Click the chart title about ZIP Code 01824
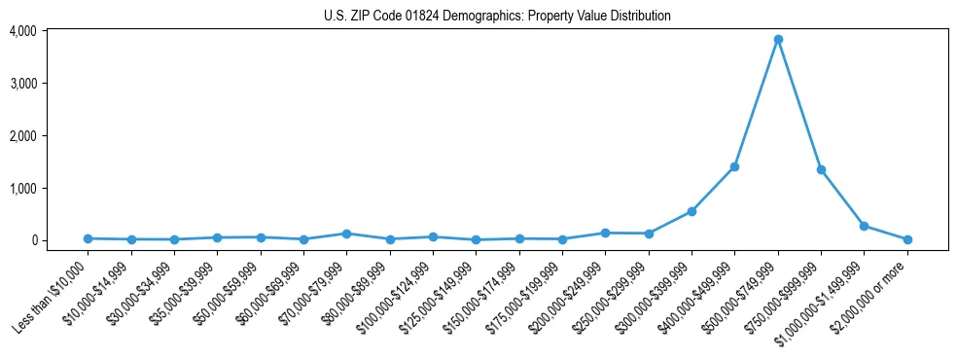coord(497,16)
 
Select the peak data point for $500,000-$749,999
coord(778,40)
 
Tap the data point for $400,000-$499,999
coord(734,167)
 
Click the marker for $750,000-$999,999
coord(821,169)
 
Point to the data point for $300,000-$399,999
coord(691,211)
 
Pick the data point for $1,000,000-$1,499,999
coord(864,226)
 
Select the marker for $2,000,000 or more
coord(907,239)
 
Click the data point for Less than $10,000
coord(88,238)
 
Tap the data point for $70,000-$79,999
coord(346,234)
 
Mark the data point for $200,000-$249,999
coord(605,233)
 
